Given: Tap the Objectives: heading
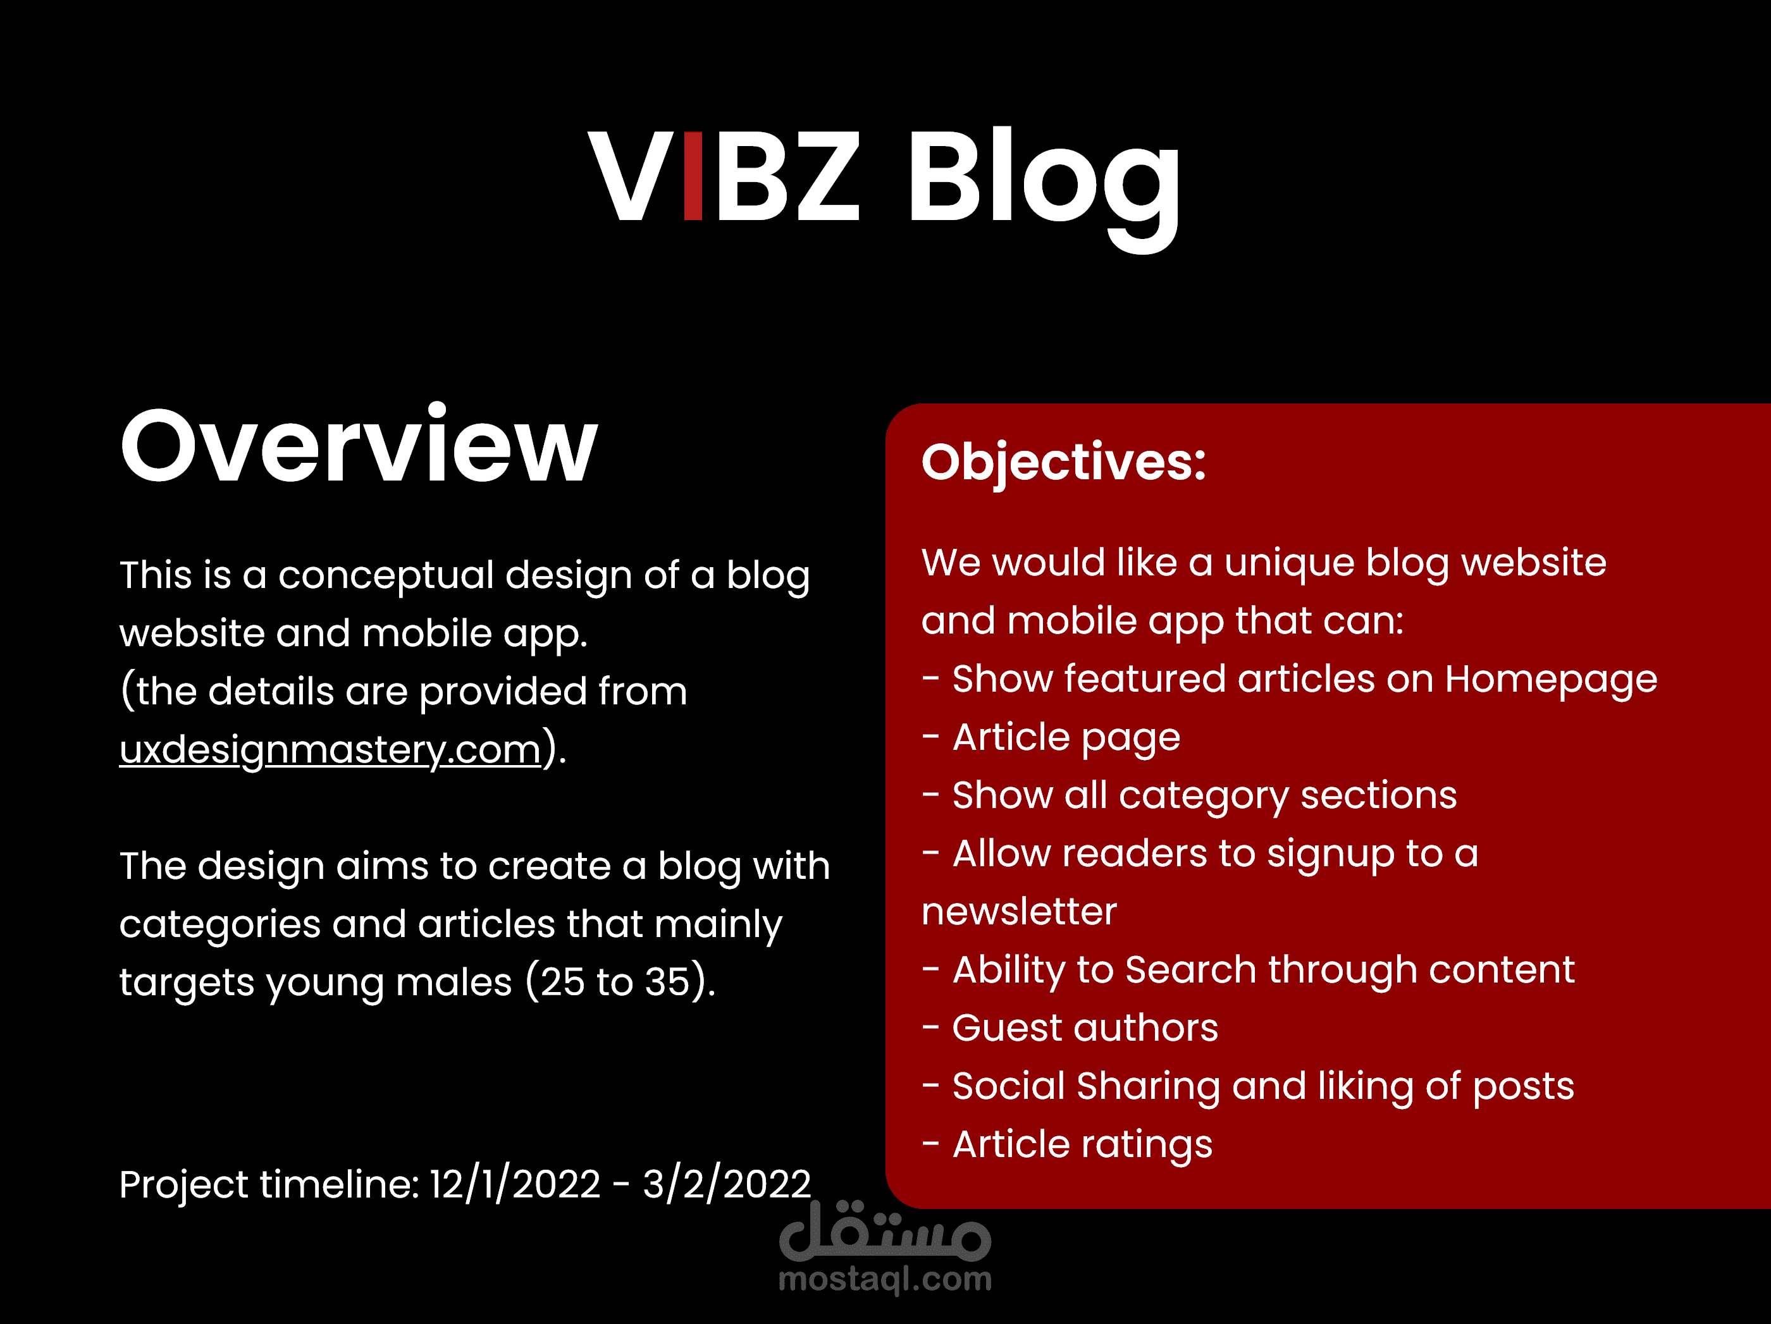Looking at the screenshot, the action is pyautogui.click(x=1063, y=463).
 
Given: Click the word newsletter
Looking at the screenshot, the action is pyautogui.click(x=1019, y=912).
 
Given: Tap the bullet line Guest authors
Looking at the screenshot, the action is pyautogui.click(x=1070, y=1028).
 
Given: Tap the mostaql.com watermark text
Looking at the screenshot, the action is pyautogui.click(x=885, y=1278).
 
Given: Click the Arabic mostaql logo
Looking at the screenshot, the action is pyautogui.click(x=885, y=1231).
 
